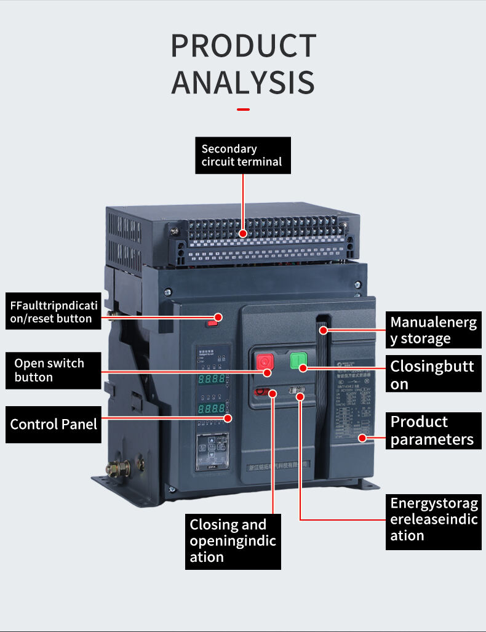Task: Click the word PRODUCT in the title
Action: click(243, 47)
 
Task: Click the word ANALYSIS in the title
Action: click(243, 83)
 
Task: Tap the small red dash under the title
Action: click(243, 110)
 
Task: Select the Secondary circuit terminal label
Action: click(242, 155)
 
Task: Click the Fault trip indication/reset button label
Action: click(54, 311)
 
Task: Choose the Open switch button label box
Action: click(54, 370)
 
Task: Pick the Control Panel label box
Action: click(54, 424)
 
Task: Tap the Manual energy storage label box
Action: click(433, 330)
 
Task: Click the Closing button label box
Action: click(433, 375)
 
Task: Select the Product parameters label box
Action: click(433, 430)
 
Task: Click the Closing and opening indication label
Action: click(233, 541)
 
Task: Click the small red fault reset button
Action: click(212, 321)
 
